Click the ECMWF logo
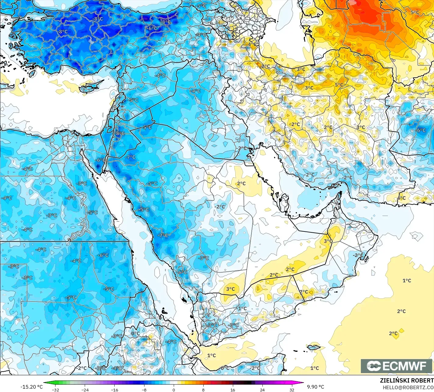pos(397,366)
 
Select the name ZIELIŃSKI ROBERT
pos(407,380)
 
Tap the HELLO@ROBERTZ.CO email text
pos(408,387)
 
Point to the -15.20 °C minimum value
pos(31,387)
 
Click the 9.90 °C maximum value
pos(315,387)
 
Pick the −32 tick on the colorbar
pos(55,390)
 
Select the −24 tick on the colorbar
pos(85,390)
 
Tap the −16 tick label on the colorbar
pos(114,390)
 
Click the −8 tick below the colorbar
pos(144,390)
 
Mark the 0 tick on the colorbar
pos(173,390)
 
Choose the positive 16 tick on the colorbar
pos(233,390)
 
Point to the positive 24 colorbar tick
pos(262,390)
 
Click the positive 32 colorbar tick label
pos(292,390)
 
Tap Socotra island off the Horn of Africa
pos(314,347)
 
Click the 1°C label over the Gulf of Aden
pos(212,355)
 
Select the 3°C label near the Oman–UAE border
pos(328,241)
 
